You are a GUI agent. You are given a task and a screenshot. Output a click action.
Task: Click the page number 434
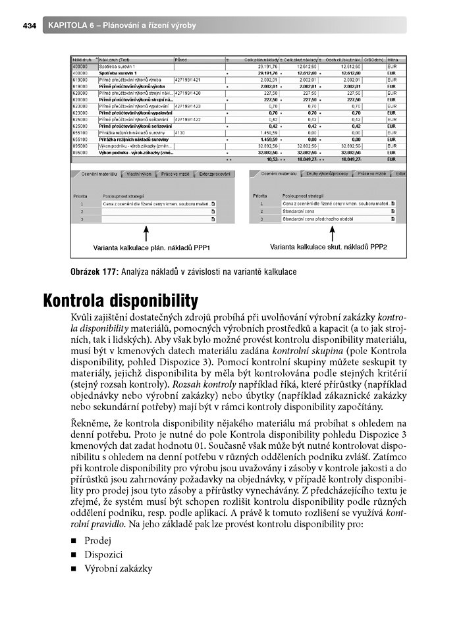tap(28, 26)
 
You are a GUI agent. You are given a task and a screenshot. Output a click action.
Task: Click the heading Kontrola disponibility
tap(121, 301)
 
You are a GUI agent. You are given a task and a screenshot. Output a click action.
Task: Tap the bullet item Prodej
tap(97, 540)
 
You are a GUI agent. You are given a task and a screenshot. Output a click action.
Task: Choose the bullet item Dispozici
tap(103, 554)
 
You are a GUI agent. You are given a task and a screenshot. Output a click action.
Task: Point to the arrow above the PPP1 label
tap(146, 234)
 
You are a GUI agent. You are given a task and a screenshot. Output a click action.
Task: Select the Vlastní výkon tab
tap(137, 174)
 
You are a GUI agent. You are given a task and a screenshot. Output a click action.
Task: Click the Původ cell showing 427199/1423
tap(188, 105)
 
